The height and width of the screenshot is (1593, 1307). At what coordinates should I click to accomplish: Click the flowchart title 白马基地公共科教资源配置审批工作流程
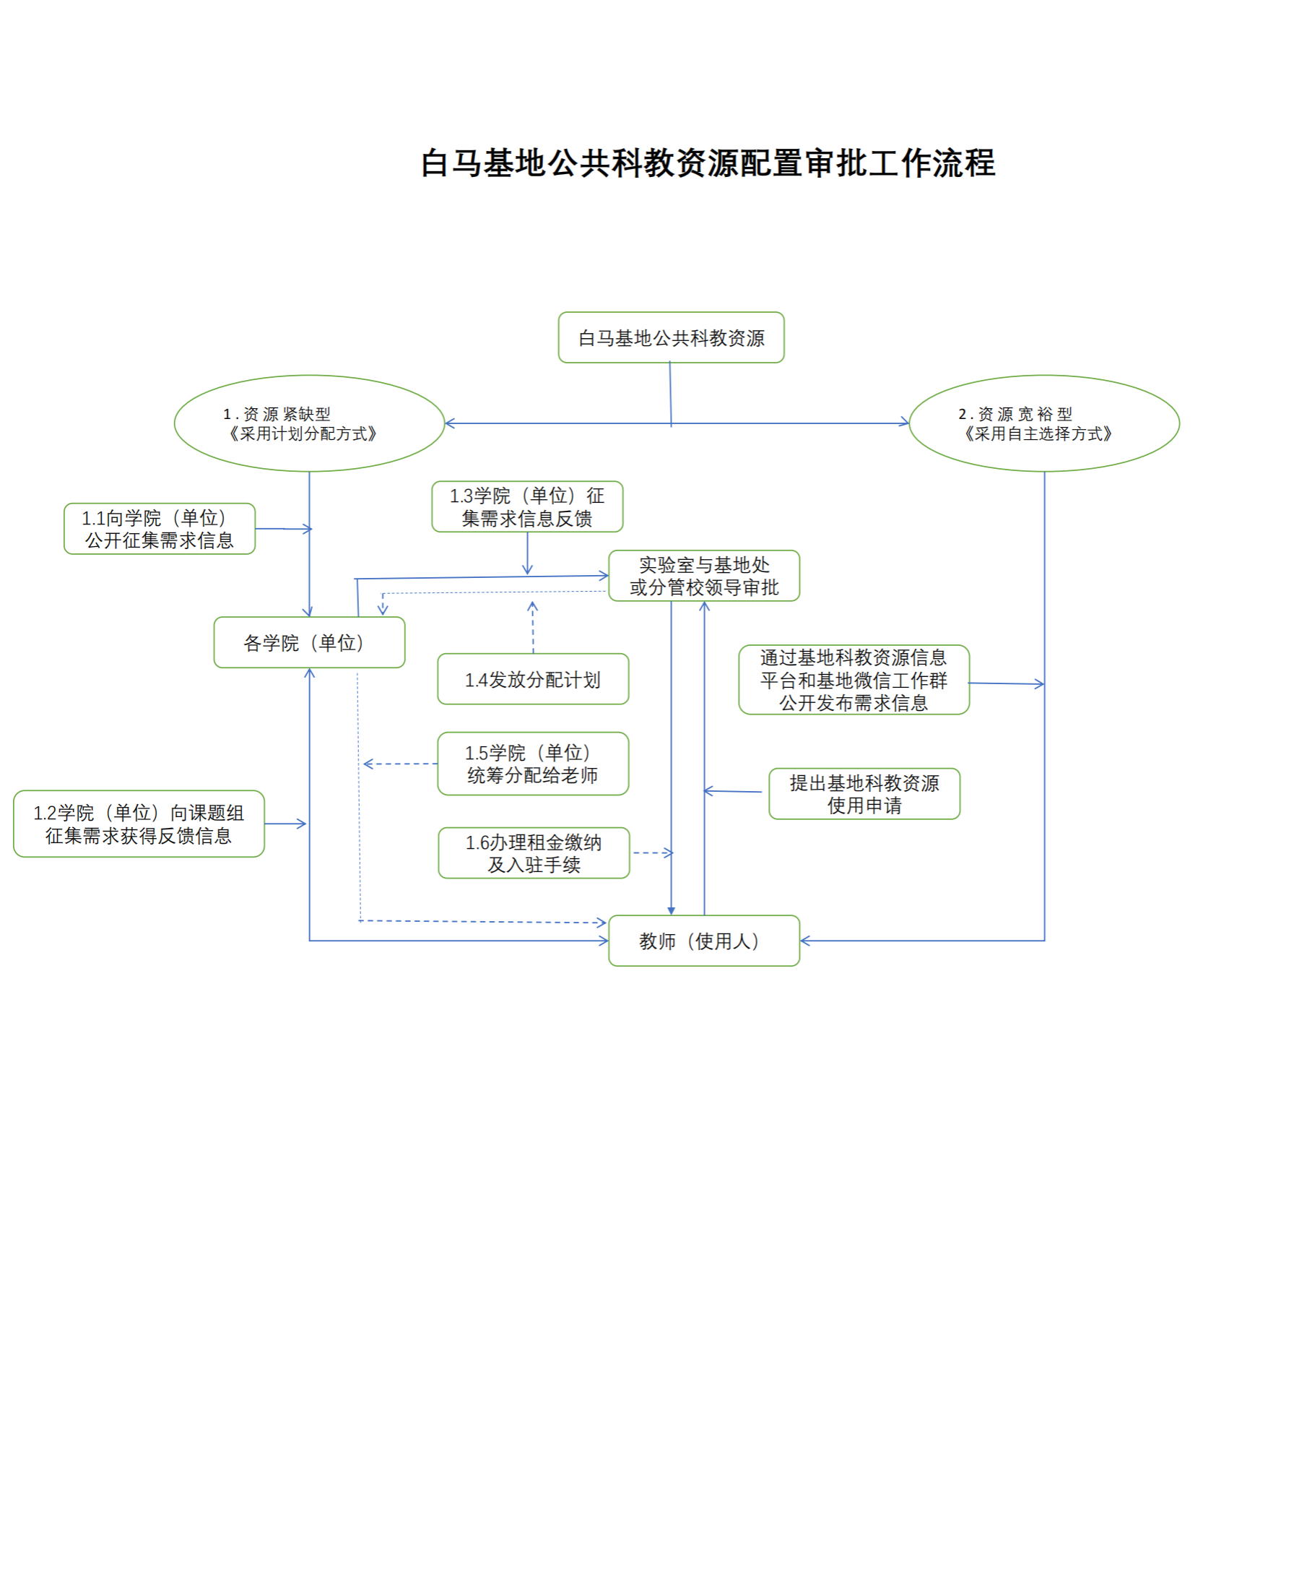click(x=708, y=163)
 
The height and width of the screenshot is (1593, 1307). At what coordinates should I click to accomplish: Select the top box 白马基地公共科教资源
click(x=671, y=337)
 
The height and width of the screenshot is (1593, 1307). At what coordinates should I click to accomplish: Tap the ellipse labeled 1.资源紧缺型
click(x=310, y=423)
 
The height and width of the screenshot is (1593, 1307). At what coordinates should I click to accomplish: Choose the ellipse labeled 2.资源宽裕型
click(x=1044, y=423)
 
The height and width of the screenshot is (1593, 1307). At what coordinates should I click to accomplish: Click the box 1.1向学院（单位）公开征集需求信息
click(x=160, y=529)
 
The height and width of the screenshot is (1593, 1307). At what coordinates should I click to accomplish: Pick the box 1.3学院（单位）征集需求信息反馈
click(x=527, y=507)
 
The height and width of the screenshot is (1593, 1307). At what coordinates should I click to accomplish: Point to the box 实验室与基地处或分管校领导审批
click(x=704, y=576)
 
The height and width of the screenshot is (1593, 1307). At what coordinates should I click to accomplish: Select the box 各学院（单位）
click(x=310, y=642)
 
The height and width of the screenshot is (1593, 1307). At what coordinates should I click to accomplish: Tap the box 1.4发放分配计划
click(x=533, y=679)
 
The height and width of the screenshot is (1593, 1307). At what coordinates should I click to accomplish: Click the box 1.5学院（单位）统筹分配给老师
click(x=533, y=764)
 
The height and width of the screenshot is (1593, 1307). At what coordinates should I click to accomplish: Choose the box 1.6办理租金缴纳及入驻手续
click(x=534, y=853)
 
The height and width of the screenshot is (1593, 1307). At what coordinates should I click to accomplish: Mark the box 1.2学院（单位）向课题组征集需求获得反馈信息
click(x=139, y=824)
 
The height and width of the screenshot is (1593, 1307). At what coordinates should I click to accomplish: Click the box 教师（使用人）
click(x=704, y=941)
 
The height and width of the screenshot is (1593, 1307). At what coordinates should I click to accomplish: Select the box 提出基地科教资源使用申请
click(x=864, y=794)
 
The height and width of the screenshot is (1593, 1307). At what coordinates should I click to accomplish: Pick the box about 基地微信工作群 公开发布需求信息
click(x=854, y=680)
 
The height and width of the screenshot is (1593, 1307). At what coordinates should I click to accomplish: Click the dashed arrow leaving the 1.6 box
click(x=653, y=853)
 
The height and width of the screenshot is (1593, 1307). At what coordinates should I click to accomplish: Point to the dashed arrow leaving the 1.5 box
click(x=401, y=764)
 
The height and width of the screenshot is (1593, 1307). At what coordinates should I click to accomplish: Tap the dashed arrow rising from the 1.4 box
click(x=533, y=627)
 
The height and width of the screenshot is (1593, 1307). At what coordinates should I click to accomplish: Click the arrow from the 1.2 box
click(x=285, y=824)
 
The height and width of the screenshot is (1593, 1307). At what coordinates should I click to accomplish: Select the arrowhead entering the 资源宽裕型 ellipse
click(x=904, y=423)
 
